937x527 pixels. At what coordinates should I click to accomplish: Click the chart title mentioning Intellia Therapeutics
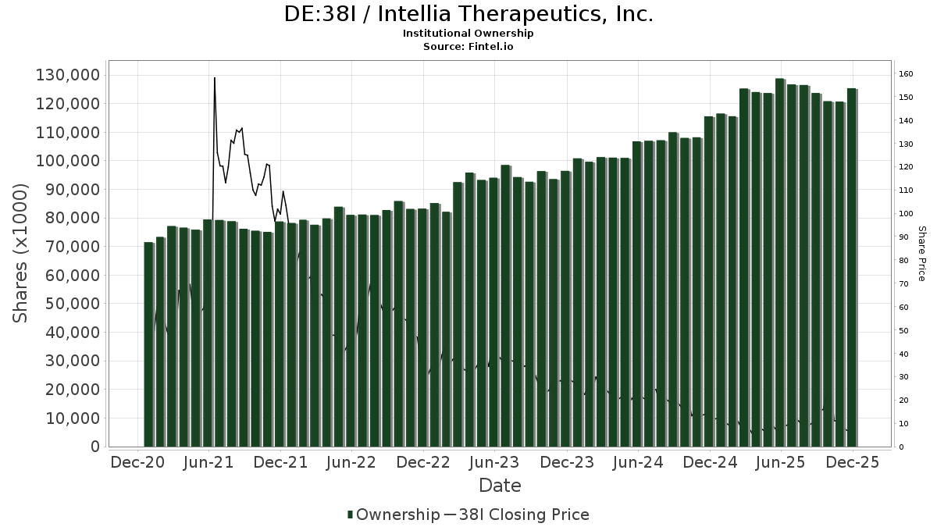(468, 14)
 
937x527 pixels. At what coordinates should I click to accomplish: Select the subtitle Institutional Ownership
(468, 34)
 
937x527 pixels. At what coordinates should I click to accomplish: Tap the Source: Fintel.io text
(468, 47)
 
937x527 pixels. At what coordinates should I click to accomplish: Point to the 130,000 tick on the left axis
(67, 75)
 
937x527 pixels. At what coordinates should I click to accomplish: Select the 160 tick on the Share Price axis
(906, 74)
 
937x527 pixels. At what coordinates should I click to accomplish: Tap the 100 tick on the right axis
(906, 214)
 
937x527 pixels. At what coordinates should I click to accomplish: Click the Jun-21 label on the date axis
(209, 462)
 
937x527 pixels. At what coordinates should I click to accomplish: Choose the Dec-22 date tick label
(423, 462)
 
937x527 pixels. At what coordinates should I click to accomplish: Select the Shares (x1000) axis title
(22, 253)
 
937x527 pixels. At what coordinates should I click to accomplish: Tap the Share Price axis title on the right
(921, 253)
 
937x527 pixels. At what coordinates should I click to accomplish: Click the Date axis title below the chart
(500, 486)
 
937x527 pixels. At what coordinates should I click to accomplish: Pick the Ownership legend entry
(394, 515)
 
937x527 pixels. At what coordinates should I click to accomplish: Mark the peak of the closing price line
(214, 78)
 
